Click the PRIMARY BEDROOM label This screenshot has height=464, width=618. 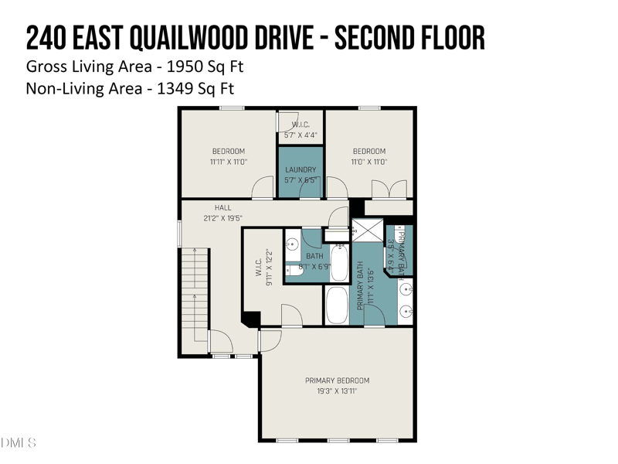(x=337, y=380)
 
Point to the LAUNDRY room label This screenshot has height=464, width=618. (x=301, y=170)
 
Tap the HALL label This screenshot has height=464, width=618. (x=222, y=208)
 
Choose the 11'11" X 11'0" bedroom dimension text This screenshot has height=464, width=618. (x=228, y=162)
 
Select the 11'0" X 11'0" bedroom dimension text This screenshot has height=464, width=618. (x=368, y=162)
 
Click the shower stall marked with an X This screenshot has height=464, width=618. (x=367, y=230)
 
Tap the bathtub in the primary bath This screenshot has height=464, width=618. (x=338, y=305)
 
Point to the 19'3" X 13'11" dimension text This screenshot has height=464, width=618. (x=337, y=392)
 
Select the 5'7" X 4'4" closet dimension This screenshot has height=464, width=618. (x=301, y=135)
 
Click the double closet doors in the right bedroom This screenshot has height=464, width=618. (x=389, y=189)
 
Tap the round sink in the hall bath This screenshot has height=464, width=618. (x=293, y=244)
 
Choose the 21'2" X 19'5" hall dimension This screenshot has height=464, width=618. (x=222, y=219)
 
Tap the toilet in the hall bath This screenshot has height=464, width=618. (x=294, y=270)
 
